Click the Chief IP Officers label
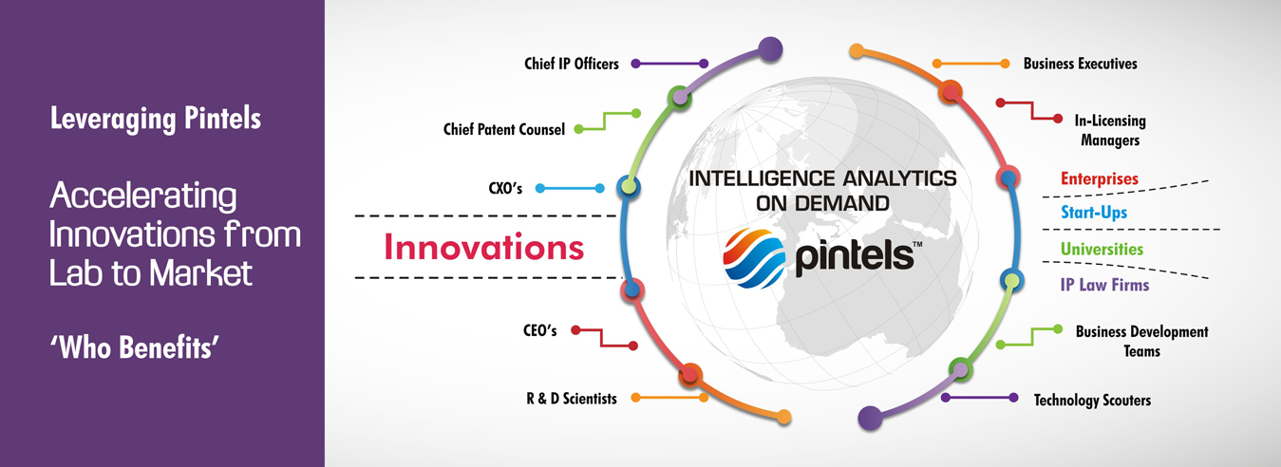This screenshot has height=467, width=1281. click(x=572, y=64)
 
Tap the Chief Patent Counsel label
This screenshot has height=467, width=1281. click(x=504, y=130)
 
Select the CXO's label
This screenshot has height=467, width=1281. click(x=505, y=188)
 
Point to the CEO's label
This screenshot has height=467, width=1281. click(x=540, y=330)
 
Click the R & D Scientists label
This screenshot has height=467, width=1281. click(x=572, y=399)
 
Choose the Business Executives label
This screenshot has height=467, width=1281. click(x=1081, y=64)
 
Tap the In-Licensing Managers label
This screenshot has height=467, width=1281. click(x=1110, y=130)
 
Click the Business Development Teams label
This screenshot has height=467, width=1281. click(x=1142, y=342)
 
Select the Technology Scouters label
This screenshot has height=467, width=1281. click(x=1092, y=401)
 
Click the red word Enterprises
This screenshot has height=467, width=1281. click(x=1099, y=178)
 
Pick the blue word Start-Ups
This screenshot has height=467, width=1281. click(x=1094, y=212)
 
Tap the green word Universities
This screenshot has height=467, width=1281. click(x=1102, y=249)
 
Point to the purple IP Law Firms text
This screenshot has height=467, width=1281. click(x=1104, y=285)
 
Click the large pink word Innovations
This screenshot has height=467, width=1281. click(x=483, y=247)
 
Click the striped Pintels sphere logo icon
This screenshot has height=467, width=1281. click(x=754, y=258)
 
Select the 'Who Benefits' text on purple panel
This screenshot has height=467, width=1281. click(x=135, y=347)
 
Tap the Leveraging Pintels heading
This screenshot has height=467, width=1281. click(x=156, y=119)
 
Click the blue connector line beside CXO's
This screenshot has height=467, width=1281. click(x=570, y=188)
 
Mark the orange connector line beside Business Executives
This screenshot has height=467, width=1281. click(x=971, y=64)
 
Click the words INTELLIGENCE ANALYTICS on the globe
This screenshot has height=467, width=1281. click(x=822, y=178)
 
